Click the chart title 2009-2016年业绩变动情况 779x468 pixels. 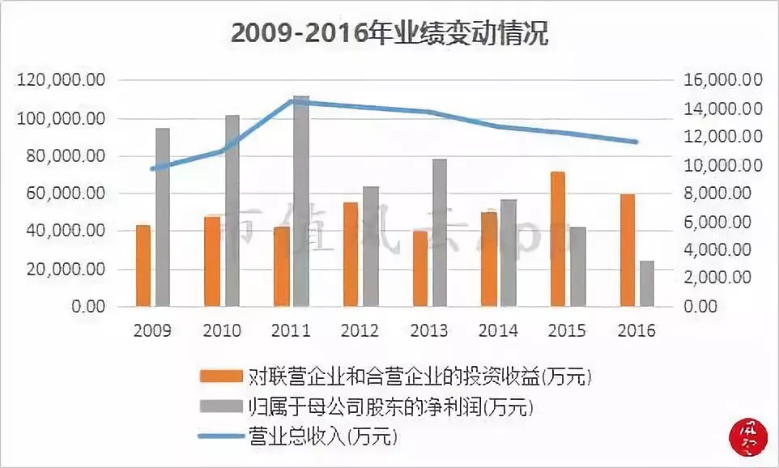[x=389, y=34]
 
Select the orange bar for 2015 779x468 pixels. [x=558, y=239]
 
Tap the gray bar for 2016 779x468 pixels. [x=647, y=283]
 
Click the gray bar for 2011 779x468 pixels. [x=301, y=201]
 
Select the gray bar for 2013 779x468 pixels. [x=440, y=232]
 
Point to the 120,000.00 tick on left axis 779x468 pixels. [x=60, y=81]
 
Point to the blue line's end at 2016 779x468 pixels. [x=637, y=143]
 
